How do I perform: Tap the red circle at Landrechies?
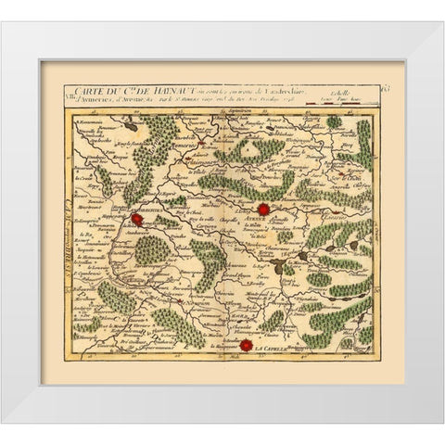point(137,220)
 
